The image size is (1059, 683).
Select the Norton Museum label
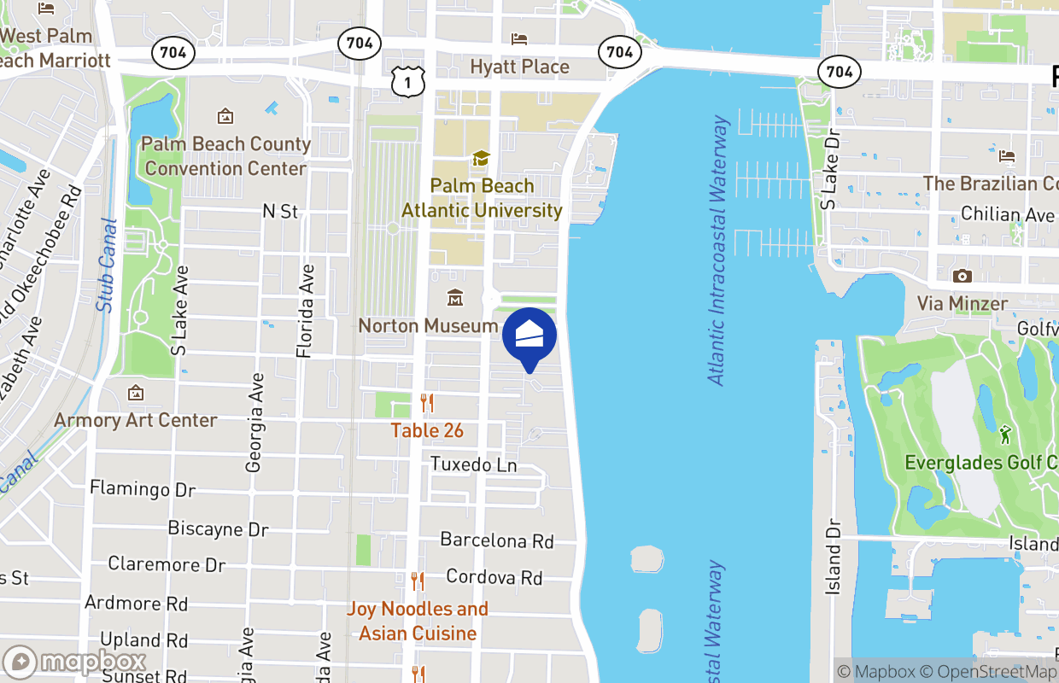(428, 325)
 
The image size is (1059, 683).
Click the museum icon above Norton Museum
(455, 298)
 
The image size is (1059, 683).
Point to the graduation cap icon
(481, 159)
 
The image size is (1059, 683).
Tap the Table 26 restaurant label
(427, 430)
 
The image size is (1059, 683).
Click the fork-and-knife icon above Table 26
(427, 403)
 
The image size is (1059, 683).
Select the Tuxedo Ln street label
(474, 464)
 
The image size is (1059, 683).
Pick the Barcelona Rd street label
(497, 540)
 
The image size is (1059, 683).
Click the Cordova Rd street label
(494, 578)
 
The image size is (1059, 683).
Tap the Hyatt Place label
(519, 67)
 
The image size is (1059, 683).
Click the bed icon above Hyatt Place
(519, 38)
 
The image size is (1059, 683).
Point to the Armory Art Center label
(136, 420)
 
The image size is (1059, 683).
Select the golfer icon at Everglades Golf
(1005, 435)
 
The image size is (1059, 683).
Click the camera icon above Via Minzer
(962, 276)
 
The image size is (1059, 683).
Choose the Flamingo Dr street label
(143, 489)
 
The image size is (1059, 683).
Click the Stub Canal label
(107, 265)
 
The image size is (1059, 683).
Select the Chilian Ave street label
(1008, 214)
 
